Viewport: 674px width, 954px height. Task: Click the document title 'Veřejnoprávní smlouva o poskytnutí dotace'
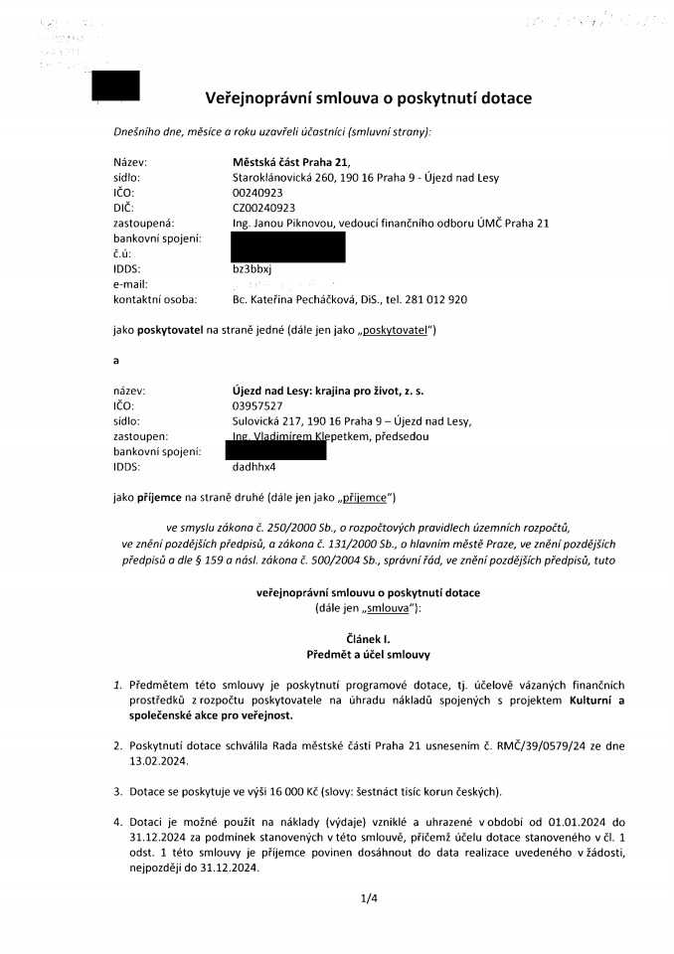[x=368, y=98]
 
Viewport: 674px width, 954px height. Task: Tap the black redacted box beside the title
[x=114, y=86]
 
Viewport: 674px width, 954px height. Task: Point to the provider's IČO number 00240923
[x=256, y=193]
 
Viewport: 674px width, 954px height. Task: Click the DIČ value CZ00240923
[x=263, y=208]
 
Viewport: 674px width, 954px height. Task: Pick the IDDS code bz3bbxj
[x=252, y=268]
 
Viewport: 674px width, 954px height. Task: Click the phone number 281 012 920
[x=437, y=299]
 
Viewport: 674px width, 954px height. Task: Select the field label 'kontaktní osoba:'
[x=155, y=299]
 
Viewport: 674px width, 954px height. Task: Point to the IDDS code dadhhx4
[x=253, y=466]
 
